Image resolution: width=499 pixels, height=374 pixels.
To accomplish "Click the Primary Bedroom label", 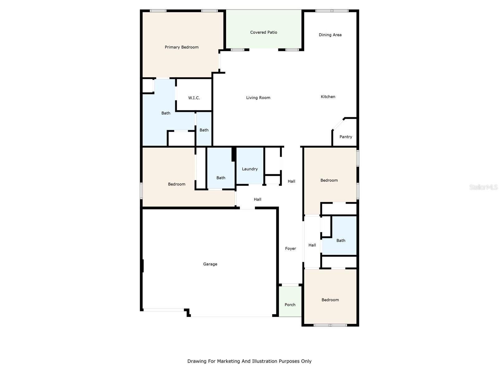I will click(x=182, y=47).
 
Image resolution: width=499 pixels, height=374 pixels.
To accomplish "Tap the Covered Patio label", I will click(x=264, y=32).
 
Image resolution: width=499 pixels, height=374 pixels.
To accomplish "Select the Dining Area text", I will click(x=330, y=35).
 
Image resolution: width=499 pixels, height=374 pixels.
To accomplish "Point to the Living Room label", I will click(x=258, y=98).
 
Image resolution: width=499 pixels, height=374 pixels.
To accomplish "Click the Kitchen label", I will click(x=328, y=97).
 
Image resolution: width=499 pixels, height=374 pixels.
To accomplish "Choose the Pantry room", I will click(x=346, y=137).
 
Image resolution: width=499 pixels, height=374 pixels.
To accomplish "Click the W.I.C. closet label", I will click(x=194, y=98).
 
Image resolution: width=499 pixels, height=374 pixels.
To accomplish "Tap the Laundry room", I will click(x=249, y=169).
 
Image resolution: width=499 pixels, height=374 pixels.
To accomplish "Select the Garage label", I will click(x=210, y=264).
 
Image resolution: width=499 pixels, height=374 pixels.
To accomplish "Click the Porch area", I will click(x=290, y=305).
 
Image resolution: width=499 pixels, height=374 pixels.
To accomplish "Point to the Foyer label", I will click(x=290, y=249).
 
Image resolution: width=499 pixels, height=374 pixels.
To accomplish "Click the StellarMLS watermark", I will click(x=483, y=187).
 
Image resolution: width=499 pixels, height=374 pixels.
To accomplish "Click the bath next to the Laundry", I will click(x=221, y=178).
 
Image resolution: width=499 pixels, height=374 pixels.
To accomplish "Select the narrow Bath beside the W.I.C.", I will click(x=204, y=130).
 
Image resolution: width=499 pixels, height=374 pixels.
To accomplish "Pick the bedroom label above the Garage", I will click(x=177, y=184).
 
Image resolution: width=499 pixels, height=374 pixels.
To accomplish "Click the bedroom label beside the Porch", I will click(x=330, y=300).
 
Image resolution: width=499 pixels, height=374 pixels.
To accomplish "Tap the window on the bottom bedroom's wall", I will click(x=330, y=325).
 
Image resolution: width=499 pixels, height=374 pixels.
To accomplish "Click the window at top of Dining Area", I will click(x=332, y=11).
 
